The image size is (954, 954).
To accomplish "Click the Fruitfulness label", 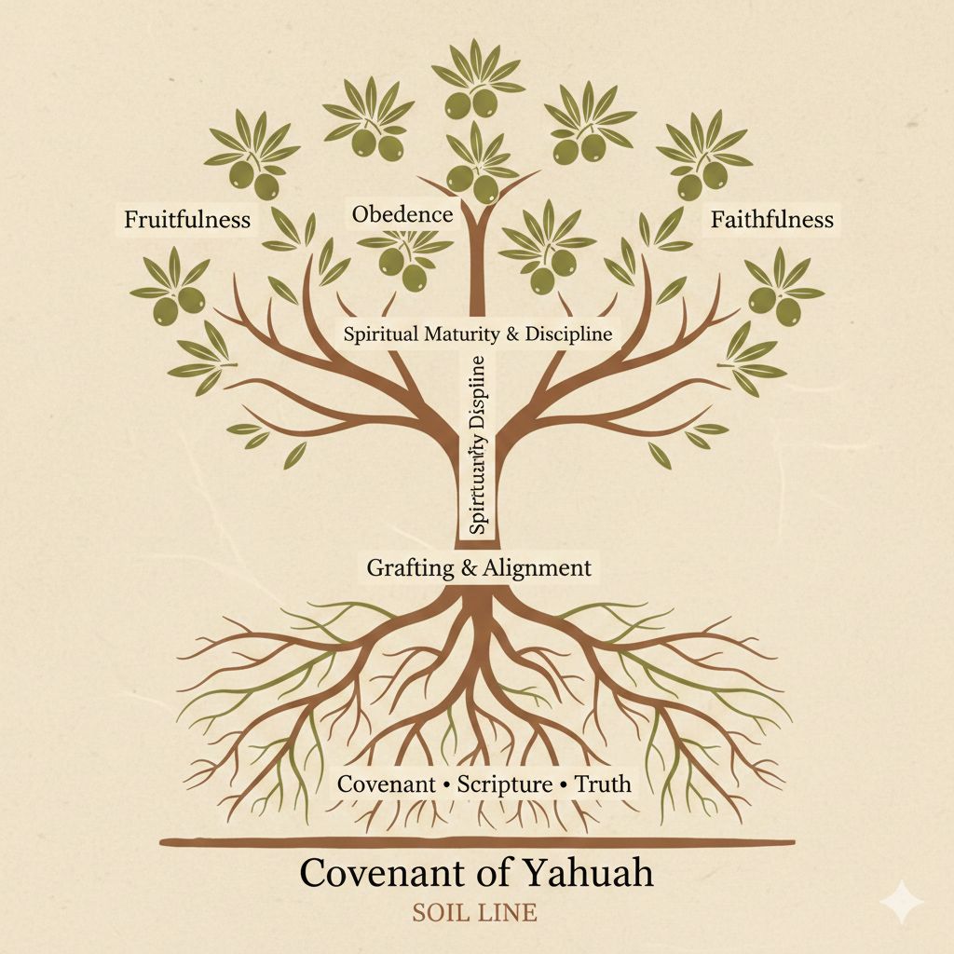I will pos(187,220).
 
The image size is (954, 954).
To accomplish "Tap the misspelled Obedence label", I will pos(402,215).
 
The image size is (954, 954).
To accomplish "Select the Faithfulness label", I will pos(771,220).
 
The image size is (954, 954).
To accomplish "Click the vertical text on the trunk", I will pos(478,444).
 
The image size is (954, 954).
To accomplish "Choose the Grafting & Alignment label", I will pos(479,567).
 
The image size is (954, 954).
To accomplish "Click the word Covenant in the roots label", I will pos(386,784).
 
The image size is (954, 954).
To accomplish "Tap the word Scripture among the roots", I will pos(505,784).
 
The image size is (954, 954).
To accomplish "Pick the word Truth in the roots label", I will pos(603,784).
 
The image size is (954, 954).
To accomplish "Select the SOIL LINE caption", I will pos(474,912).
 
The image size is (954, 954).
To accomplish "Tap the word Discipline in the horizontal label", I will pos(570,334).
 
